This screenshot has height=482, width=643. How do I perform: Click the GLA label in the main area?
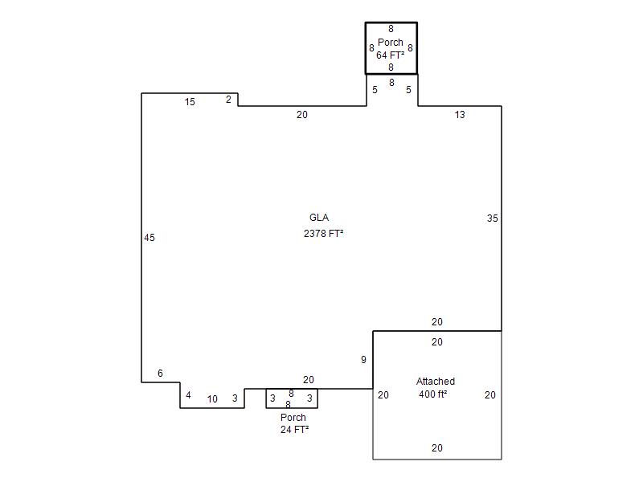319,218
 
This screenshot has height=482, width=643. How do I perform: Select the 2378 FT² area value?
324,234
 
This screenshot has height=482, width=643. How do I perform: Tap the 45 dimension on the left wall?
149,238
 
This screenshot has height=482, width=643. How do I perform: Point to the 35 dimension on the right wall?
493,219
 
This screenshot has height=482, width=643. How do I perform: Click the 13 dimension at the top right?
460,115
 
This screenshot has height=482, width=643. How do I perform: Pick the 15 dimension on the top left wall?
190,102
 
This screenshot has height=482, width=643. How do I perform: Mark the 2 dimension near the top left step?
228,100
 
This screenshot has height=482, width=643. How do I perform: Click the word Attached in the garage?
436,382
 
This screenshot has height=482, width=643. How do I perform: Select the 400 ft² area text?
433,394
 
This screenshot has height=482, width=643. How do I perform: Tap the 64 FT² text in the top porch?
391,55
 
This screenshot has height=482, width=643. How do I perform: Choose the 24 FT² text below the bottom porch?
294,430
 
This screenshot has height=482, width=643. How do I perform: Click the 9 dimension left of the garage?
363,360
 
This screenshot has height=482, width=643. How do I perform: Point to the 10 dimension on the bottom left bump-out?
212,399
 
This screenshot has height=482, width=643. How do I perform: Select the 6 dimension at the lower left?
160,374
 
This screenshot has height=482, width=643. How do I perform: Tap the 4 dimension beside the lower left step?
188,395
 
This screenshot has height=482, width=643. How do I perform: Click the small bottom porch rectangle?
292,408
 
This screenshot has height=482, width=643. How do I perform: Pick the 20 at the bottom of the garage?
437,448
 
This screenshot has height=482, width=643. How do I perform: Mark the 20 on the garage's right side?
490,395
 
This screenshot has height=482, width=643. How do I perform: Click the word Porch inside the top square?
391,43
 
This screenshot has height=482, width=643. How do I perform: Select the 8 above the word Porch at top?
391,29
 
